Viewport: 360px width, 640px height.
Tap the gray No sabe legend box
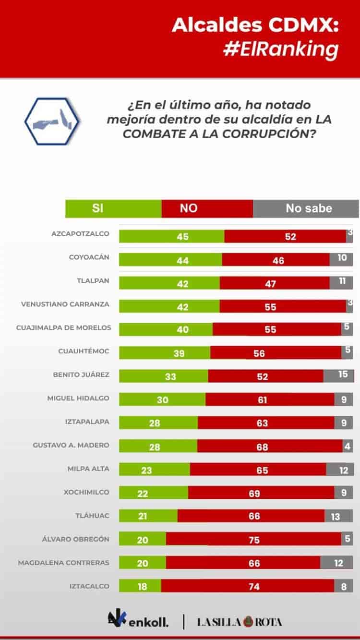pyautogui.click(x=306, y=208)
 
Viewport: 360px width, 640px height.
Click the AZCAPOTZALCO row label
pyautogui.click(x=81, y=234)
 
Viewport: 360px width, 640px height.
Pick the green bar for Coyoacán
pyautogui.click(x=170, y=260)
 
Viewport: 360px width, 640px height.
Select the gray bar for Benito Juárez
pyautogui.click(x=338, y=376)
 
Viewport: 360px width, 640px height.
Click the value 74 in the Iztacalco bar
pyautogui.click(x=254, y=586)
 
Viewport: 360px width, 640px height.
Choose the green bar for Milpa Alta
pyautogui.click(x=154, y=470)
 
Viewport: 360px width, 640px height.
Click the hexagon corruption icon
pyautogui.click(x=51, y=121)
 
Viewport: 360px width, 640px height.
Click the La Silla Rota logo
pyautogui.click(x=240, y=622)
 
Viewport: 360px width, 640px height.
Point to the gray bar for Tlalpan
pyautogui.click(x=341, y=283)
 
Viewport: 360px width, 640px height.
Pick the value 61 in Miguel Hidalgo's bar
pyautogui.click(x=262, y=399)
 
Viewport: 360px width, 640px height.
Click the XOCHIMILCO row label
pyautogui.click(x=86, y=492)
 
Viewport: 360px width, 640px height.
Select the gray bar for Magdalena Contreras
pyautogui.click(x=336, y=562)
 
